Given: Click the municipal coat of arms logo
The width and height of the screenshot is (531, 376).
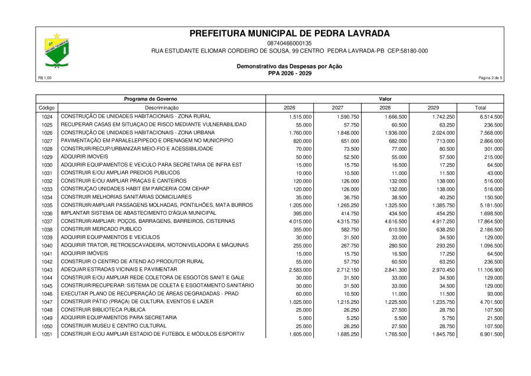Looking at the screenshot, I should [57, 51].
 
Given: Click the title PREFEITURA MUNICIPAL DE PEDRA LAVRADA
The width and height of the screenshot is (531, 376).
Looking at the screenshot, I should [290, 33].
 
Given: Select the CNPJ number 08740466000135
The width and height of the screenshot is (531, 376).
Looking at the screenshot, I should [289, 44].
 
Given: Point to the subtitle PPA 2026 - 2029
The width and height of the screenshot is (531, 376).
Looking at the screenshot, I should [289, 73].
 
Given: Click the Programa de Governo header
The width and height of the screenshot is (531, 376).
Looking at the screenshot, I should [150, 98].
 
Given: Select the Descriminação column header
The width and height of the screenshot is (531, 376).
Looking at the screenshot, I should [162, 108].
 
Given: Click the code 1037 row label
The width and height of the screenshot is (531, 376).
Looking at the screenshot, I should [47, 222].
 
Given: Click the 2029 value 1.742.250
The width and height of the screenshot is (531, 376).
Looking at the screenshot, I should [441, 117].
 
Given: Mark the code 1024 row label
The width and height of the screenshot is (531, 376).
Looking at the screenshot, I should [47, 117].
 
